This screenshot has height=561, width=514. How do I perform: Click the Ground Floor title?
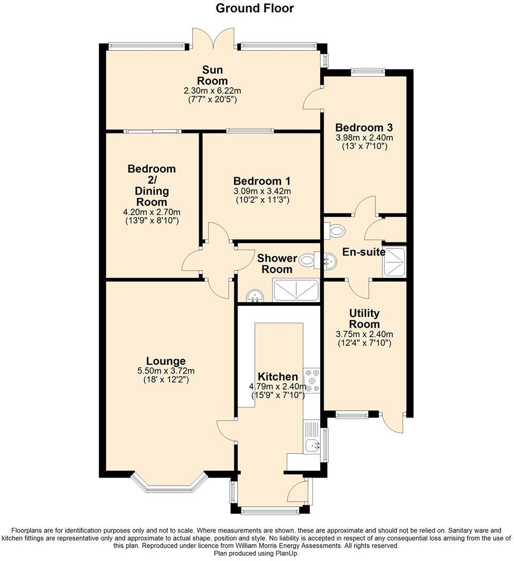click(254, 9)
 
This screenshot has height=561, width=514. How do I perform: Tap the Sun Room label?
click(212, 75)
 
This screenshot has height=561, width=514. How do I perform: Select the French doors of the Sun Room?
click(213, 39)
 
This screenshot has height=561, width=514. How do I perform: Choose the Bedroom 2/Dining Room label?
click(152, 185)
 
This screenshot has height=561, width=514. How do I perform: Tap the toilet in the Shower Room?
click(307, 261)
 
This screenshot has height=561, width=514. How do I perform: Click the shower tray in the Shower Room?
click(296, 290)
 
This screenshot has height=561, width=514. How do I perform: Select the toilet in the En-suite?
click(336, 231)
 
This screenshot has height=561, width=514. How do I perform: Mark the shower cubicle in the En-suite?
click(394, 262)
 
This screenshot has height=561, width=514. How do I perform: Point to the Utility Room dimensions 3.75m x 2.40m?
click(364, 334)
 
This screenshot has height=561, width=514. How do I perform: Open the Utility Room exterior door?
click(394, 421)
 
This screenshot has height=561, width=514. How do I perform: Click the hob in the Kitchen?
click(312, 381)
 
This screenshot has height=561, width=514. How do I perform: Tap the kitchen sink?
click(311, 444)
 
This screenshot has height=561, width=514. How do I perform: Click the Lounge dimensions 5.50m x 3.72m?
click(165, 371)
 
